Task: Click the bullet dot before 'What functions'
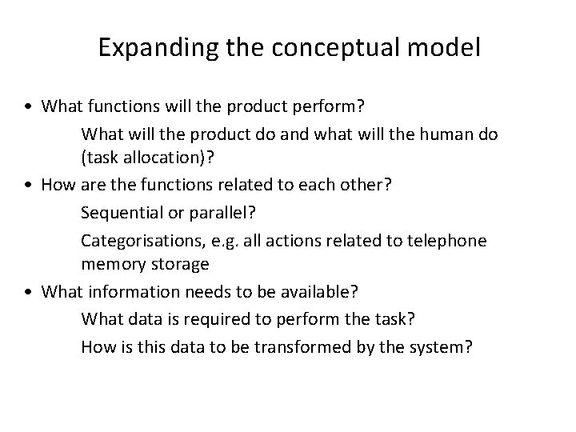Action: tap(28, 106)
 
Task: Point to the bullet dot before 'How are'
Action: tap(28, 185)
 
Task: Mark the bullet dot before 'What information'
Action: tap(28, 292)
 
